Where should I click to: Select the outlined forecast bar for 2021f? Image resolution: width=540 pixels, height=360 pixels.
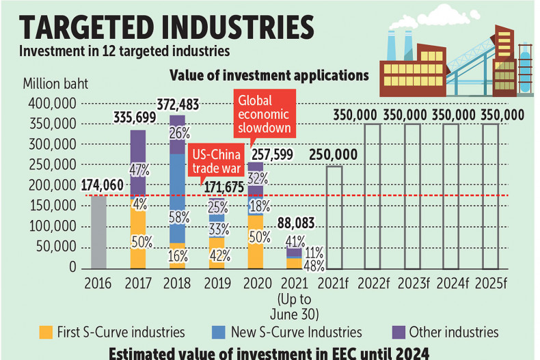[334, 217]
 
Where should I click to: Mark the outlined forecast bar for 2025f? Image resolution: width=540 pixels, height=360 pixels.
[491, 196]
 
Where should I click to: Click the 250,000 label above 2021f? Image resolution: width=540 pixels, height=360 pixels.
[334, 154]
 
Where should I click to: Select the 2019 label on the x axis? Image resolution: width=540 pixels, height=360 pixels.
[217, 281]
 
